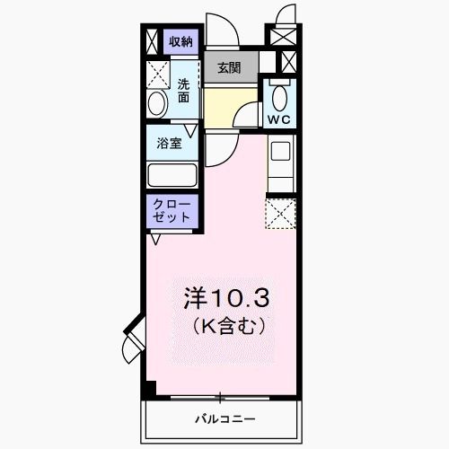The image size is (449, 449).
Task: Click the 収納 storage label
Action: [181, 42]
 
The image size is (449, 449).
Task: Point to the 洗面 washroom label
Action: [183, 91]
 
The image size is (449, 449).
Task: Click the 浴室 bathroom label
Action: [170, 142]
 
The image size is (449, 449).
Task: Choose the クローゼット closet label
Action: [172, 210]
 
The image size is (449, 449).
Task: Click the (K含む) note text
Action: [226, 321]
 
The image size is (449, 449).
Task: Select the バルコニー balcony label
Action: [224, 419]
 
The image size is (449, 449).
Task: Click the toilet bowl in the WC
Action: [279, 97]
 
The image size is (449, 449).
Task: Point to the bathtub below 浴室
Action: [172, 175]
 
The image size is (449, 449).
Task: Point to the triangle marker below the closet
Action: [155, 239]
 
